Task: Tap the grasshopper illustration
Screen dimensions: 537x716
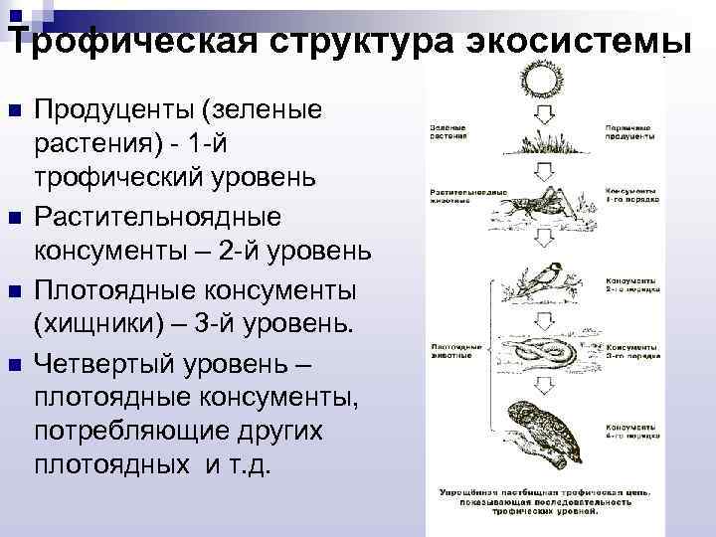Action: (537, 204)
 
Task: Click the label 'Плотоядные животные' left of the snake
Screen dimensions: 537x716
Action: (456, 351)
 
